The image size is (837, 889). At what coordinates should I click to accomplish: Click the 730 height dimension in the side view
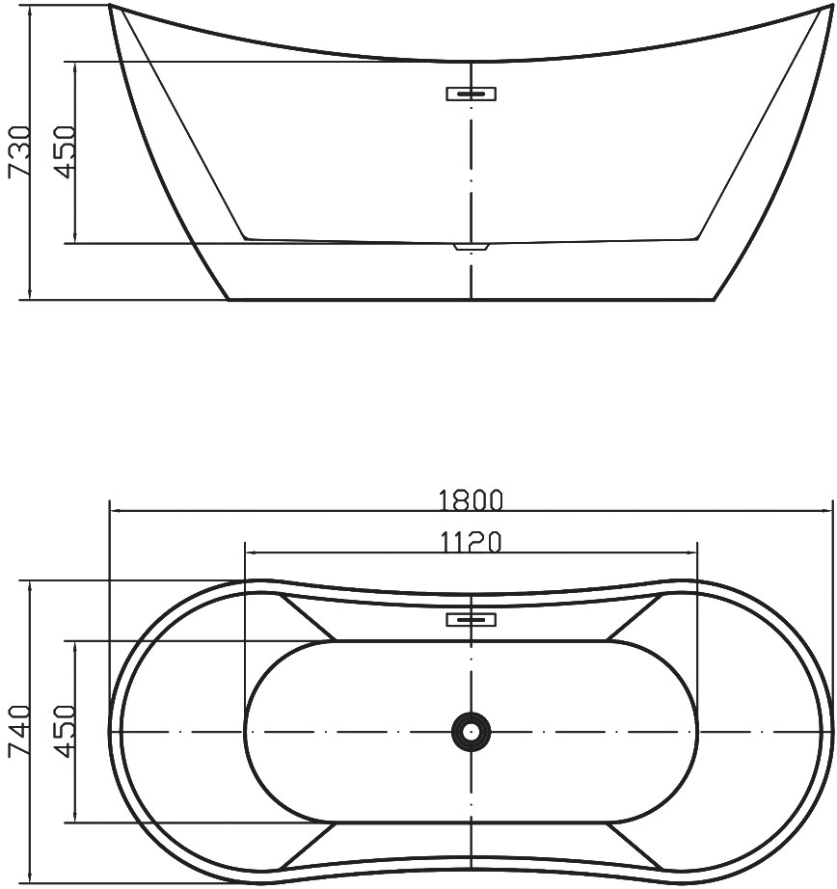pos(19,151)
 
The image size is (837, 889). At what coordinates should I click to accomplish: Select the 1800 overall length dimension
pos(471,500)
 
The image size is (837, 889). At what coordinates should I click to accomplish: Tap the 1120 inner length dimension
pos(471,544)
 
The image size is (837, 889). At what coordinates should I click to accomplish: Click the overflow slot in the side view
pos(471,94)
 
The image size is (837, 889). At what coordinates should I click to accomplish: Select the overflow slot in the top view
pos(471,619)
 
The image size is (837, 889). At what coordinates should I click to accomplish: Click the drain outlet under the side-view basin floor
pos(471,247)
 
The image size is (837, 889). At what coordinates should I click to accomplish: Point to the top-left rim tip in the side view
pos(111,8)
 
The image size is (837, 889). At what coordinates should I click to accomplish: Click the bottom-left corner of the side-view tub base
pos(229,299)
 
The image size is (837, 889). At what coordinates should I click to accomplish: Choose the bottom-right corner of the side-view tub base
pos(714,299)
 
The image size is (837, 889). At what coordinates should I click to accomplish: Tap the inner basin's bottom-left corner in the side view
pos(245,237)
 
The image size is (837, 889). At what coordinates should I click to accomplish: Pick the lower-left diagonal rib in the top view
pos(307,846)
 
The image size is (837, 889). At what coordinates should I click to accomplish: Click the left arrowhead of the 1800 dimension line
pos(114,511)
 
